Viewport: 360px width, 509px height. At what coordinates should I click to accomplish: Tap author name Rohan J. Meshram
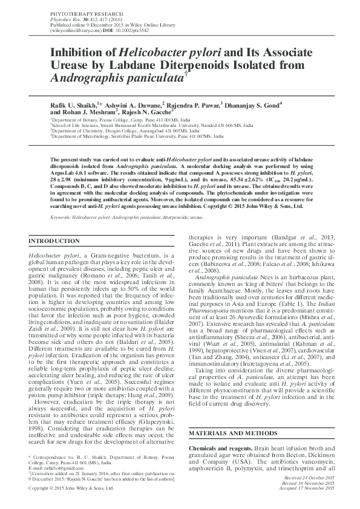[93, 112]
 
